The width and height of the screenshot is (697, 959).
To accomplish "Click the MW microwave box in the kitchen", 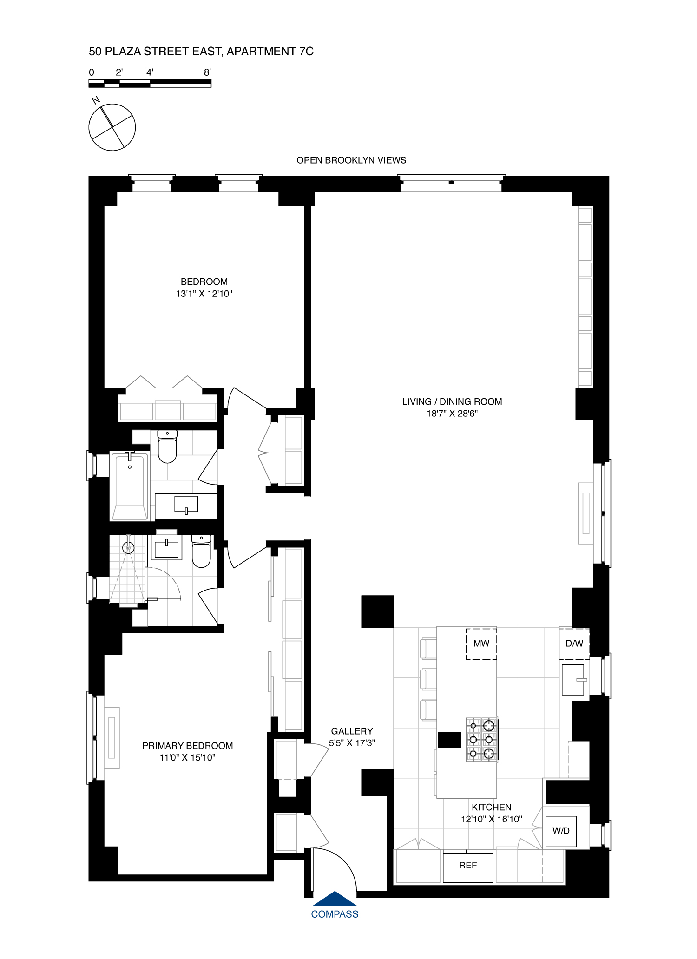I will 481,644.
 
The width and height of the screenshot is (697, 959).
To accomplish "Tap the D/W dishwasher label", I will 574,644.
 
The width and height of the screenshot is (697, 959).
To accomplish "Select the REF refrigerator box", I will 467,866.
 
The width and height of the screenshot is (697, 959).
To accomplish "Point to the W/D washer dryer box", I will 561,831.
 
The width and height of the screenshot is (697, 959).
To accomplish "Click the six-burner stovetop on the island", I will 482,740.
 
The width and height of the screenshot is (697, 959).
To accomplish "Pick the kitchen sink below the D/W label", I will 573,680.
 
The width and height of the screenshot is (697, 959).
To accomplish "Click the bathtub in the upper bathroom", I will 130,486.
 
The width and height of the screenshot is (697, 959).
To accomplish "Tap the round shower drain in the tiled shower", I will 128,548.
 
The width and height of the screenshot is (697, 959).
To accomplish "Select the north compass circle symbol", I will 112,127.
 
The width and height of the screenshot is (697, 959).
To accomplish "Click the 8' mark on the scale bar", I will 207,72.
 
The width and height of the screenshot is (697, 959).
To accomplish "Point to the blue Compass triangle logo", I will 335,899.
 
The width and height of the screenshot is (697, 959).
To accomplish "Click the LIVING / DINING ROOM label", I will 452,401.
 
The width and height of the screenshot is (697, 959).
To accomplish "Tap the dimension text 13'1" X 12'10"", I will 204,294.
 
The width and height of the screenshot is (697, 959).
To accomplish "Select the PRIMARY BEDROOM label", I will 187,746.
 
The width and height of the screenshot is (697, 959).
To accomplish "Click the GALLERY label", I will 352,731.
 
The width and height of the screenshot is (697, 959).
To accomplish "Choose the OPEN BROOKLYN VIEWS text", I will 351,160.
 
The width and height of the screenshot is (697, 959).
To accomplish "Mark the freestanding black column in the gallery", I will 377,611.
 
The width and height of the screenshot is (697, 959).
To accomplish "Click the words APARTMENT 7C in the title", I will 270,52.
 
